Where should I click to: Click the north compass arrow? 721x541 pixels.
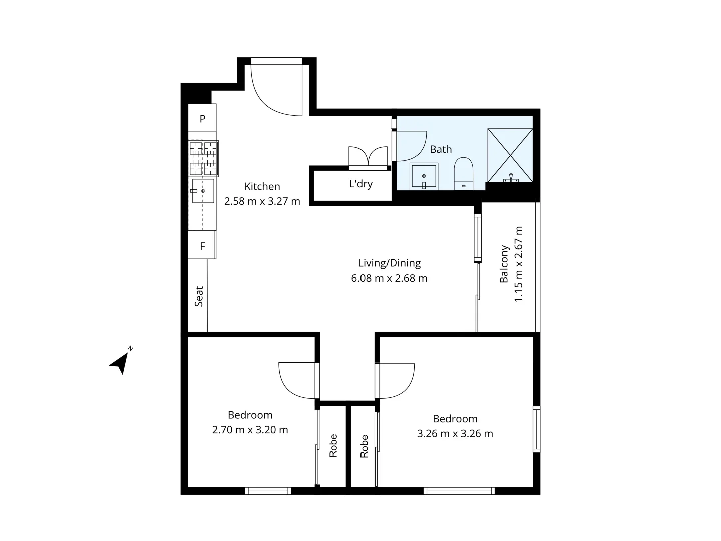tap(120, 362)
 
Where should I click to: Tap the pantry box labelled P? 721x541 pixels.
tap(202, 119)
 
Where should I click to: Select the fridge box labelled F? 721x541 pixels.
tap(202, 246)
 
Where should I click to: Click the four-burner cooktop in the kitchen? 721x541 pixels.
tap(203, 158)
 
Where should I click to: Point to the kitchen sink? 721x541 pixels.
tap(203, 191)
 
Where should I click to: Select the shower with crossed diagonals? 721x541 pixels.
tap(510, 155)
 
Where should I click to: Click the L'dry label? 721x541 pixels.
tap(360, 184)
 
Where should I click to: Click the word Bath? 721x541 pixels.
tap(441, 149)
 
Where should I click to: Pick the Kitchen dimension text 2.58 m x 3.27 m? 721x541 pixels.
tap(262, 201)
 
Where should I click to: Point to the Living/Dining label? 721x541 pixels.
tap(389, 263)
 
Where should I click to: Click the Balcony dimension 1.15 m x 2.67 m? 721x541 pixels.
tap(518, 264)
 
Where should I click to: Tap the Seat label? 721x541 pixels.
tap(199, 296)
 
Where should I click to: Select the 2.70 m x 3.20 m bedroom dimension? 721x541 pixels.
tap(250, 430)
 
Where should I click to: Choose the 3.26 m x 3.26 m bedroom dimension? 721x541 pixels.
tap(455, 434)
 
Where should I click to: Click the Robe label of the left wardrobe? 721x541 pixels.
tap(333, 445)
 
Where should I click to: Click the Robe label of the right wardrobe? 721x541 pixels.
tap(364, 446)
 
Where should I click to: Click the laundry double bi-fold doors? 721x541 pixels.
tap(368, 156)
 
